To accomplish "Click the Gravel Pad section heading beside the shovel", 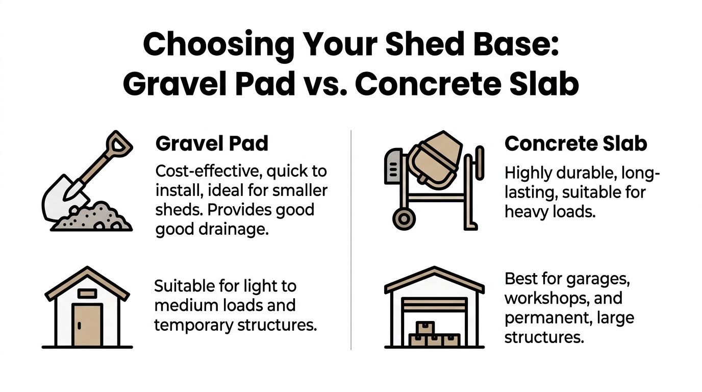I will coord(212,143).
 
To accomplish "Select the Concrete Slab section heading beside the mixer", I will coord(575,143).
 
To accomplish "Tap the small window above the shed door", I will coord(87,293).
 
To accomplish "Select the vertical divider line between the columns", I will coord(352,240).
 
